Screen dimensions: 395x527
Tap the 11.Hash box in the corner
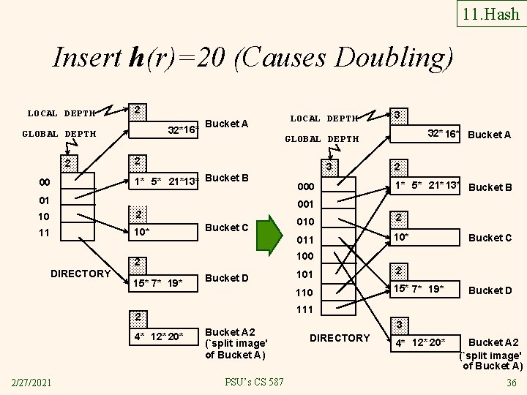tap(490, 13)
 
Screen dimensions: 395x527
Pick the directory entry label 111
tap(304, 309)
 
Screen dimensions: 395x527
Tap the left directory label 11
tap(45, 233)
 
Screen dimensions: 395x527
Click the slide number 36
tap(512, 383)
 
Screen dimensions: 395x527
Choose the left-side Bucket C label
tap(228, 227)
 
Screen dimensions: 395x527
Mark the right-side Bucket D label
tap(490, 290)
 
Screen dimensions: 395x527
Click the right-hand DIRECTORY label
tap(340, 338)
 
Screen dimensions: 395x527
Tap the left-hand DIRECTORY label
tap(80, 274)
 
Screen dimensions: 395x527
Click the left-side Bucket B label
tap(228, 178)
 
